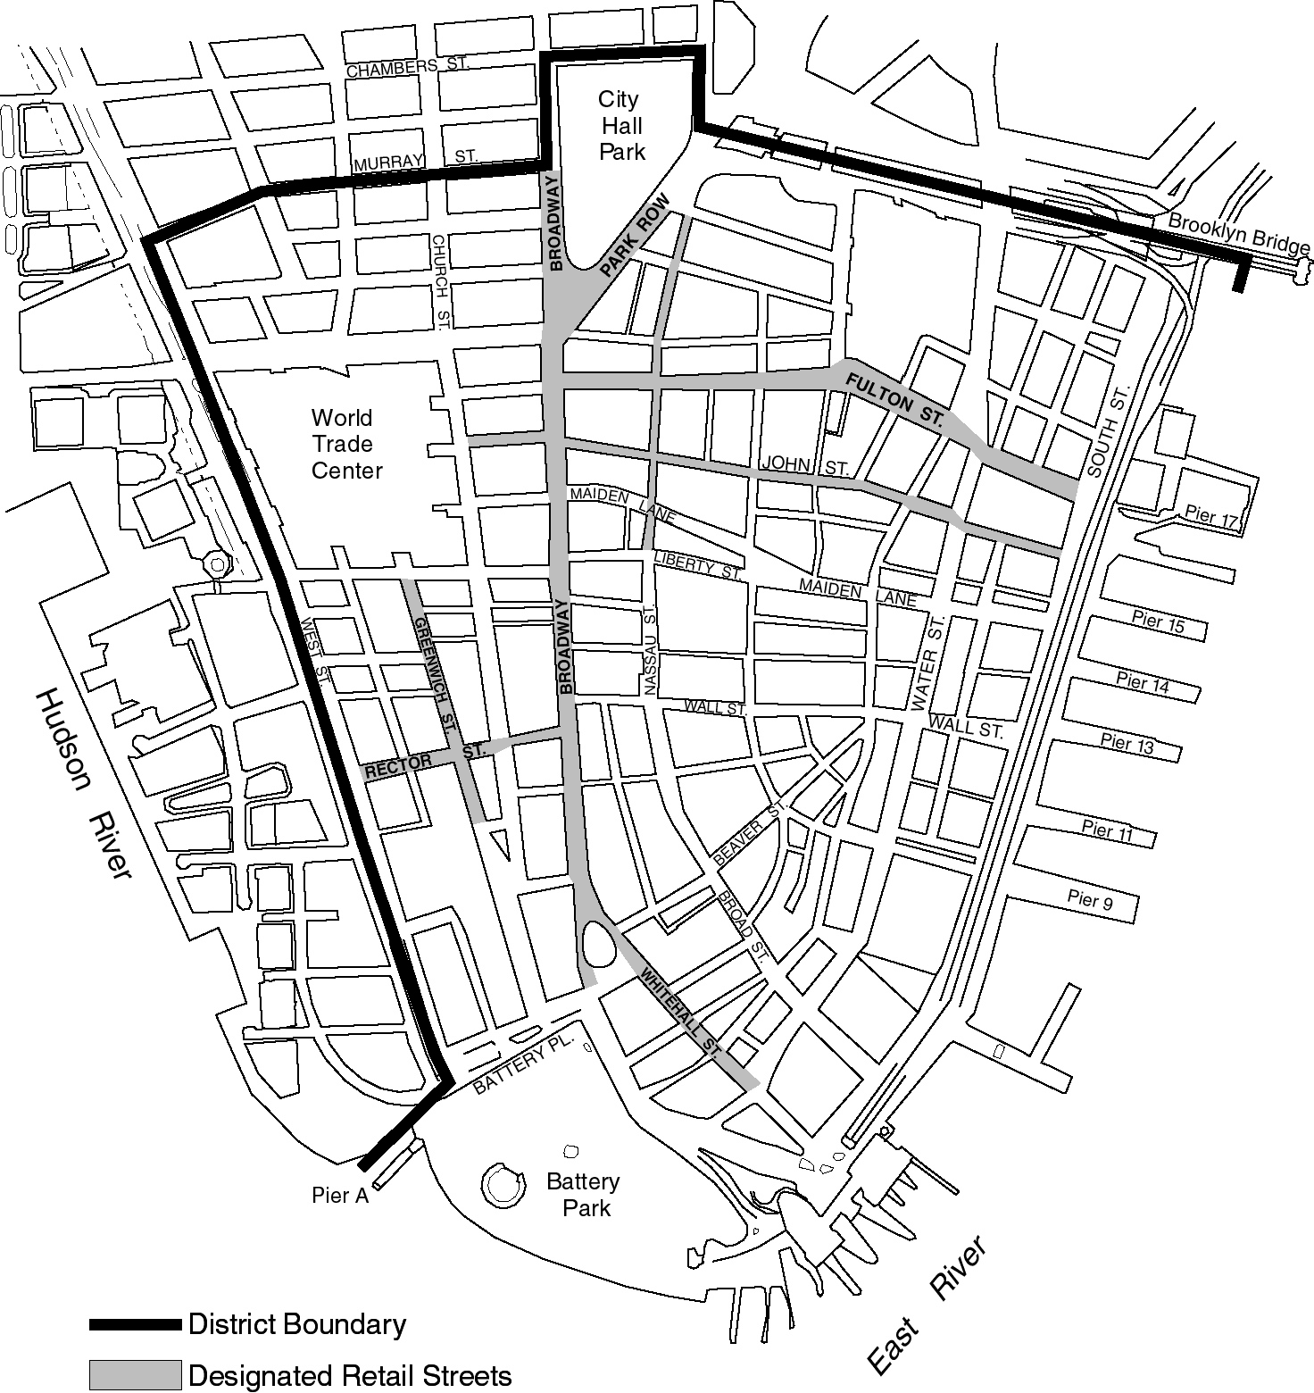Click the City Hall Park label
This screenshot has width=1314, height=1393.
[621, 126]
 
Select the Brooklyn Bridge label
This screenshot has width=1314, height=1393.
[1238, 234]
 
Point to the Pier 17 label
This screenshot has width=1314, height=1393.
[1211, 515]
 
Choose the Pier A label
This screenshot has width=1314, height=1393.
[340, 1196]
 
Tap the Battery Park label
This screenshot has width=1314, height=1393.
[583, 1195]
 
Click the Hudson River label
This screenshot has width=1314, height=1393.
[82, 783]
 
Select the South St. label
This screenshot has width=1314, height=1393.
[1107, 430]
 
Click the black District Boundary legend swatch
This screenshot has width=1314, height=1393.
[134, 1324]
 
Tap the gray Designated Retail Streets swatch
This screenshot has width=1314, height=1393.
[134, 1375]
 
